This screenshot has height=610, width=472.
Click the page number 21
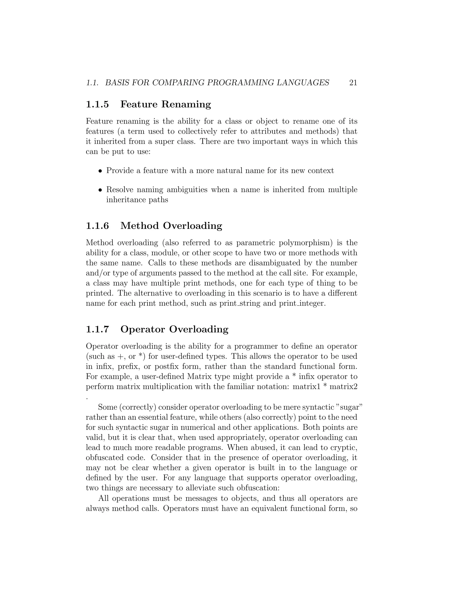(353, 83)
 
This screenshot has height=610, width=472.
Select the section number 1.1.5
(97, 104)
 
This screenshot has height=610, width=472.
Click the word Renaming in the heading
(186, 104)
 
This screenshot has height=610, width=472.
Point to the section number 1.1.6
(97, 226)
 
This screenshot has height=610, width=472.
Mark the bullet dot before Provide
(100, 171)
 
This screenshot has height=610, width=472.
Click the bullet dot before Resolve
(100, 190)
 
